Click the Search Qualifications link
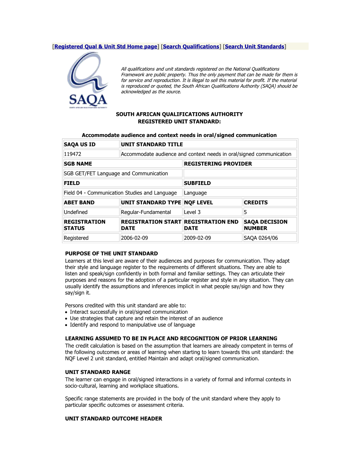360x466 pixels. [191, 47]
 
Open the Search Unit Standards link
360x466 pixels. [254, 47]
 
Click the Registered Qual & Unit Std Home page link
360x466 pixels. [106, 47]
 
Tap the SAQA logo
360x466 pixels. [88, 80]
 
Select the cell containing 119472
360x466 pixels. [73, 154]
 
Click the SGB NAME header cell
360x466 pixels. [78, 164]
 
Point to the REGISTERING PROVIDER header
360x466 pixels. [218, 164]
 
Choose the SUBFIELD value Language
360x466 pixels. [196, 193]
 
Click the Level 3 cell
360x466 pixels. [192, 212]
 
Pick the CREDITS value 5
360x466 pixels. [246, 212]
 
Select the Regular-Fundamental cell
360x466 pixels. [146, 212]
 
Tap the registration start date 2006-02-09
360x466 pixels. [134, 238]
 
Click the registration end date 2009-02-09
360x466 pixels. [198, 238]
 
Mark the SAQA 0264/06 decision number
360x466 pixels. [261, 238]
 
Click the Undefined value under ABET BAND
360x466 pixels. [76, 212]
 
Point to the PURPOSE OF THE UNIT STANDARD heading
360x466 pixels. [112, 253]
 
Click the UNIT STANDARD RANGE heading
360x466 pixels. [98, 372]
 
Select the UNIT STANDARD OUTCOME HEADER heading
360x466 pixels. [114, 419]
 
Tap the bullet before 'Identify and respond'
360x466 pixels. [66, 325]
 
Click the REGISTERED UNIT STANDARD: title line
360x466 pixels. [179, 121]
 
